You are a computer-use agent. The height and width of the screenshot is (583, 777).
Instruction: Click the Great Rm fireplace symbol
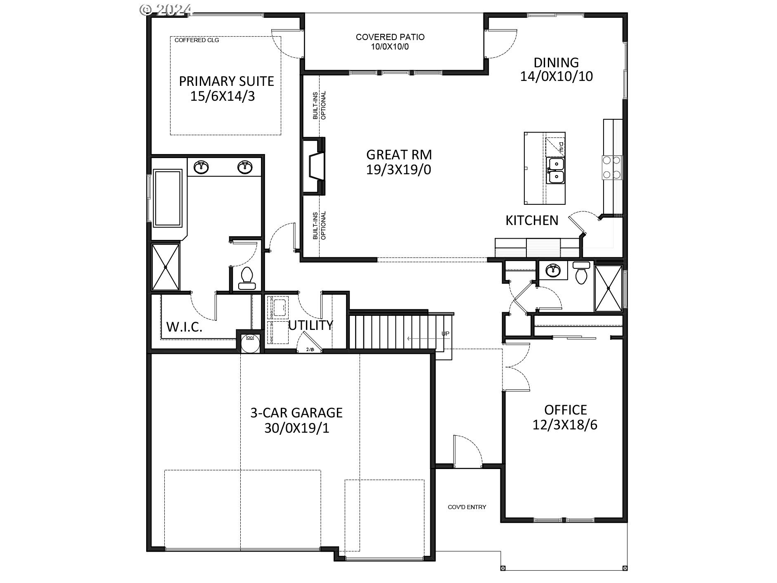[315, 166]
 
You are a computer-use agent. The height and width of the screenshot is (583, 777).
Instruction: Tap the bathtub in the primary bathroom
[167, 198]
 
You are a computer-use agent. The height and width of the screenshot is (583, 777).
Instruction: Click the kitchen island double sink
[555, 171]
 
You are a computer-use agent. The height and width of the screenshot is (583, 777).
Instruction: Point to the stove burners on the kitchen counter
[612, 167]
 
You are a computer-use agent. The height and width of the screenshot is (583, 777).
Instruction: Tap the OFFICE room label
[565, 410]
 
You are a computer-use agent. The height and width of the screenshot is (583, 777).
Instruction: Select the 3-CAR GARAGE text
[296, 412]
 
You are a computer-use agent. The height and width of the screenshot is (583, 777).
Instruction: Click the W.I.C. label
[184, 327]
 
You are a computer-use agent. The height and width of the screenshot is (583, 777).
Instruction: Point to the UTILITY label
[310, 325]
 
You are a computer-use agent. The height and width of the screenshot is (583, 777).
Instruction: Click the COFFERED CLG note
[197, 40]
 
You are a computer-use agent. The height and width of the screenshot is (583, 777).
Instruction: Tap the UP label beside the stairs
[445, 334]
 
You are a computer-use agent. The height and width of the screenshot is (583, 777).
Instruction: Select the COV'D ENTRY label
[467, 507]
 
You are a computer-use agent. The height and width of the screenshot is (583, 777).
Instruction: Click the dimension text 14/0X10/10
[556, 76]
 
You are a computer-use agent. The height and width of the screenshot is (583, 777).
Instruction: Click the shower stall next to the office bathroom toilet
[608, 288]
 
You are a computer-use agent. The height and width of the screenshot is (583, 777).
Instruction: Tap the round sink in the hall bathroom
[552, 271]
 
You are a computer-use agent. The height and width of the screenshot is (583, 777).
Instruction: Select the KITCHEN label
[532, 220]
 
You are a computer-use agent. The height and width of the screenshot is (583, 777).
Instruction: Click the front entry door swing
[468, 451]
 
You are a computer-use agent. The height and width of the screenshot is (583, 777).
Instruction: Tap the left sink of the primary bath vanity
[201, 167]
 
